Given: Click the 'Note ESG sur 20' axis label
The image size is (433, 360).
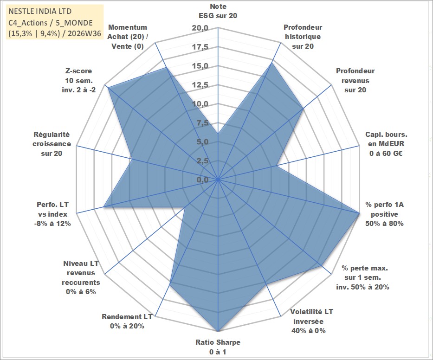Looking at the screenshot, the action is click(x=218, y=11).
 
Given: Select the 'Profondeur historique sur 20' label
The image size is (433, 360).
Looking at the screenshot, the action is click(x=303, y=37).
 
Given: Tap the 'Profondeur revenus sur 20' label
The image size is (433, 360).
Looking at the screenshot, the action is click(x=355, y=80).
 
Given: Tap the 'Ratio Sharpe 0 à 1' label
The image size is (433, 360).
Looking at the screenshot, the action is click(x=218, y=347).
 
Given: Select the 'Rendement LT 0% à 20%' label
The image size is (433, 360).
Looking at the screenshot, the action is click(x=127, y=321).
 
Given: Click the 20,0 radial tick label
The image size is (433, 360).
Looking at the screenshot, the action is click(x=200, y=28).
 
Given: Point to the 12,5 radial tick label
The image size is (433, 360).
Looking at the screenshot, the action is click(x=200, y=85).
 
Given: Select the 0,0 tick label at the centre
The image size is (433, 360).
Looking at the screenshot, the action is click(x=202, y=180).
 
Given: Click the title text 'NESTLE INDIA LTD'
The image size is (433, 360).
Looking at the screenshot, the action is click(x=40, y=11).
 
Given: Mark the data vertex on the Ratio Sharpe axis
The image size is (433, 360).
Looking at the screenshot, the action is click(x=218, y=331).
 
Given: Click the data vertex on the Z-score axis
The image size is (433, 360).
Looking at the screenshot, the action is click(x=108, y=88).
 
